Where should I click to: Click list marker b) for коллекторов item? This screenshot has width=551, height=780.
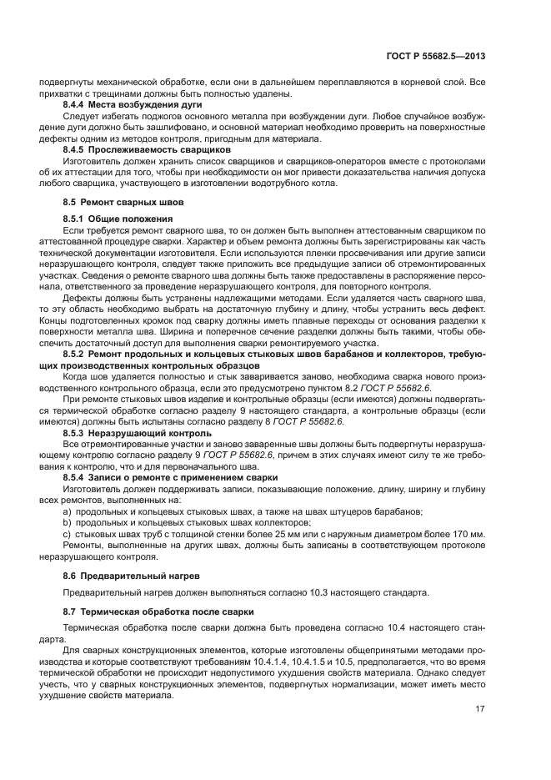point(68,522)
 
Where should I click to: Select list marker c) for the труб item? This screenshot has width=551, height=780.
point(68,533)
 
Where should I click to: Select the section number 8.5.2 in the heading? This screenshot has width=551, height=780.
point(78,354)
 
